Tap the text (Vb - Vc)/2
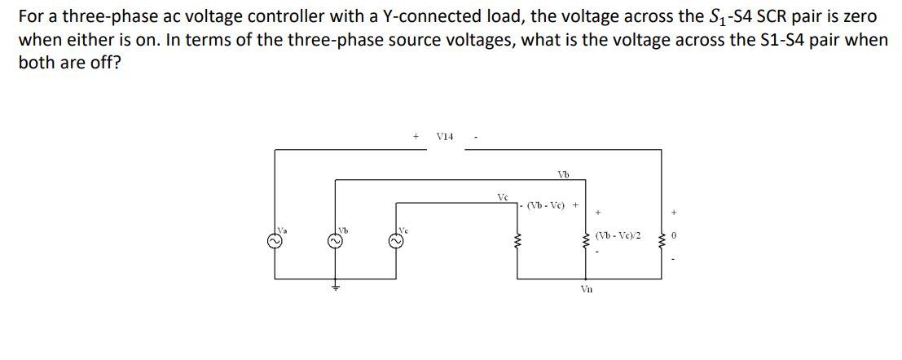(x=618, y=236)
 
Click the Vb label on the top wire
(x=563, y=173)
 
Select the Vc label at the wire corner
(x=503, y=197)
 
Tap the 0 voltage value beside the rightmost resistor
(x=674, y=236)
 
